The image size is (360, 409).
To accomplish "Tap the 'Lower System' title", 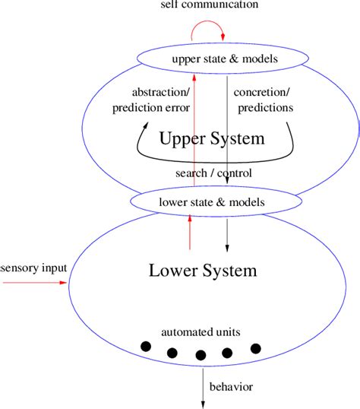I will pyautogui.click(x=213, y=270).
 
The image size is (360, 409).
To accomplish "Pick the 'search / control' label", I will pyautogui.click(x=214, y=173).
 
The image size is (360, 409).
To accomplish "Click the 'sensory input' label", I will pyautogui.click(x=33, y=268).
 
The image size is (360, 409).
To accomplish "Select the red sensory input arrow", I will pyautogui.click(x=34, y=282).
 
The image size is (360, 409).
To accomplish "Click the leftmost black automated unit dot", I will pyautogui.click(x=146, y=347).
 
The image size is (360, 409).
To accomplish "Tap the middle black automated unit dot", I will pyautogui.click(x=201, y=354).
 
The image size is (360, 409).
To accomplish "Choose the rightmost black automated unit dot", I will pyautogui.click(x=255, y=348).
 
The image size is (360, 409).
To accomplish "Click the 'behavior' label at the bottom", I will pyautogui.click(x=232, y=388).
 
